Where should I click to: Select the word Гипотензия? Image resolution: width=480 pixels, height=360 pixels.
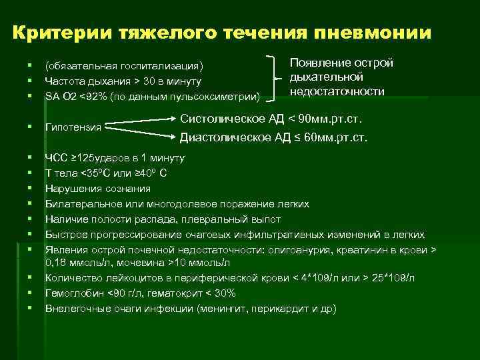click(73, 127)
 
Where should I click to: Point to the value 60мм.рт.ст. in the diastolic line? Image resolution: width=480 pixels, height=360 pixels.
click(336, 138)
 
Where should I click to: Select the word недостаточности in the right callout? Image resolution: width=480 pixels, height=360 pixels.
click(337, 91)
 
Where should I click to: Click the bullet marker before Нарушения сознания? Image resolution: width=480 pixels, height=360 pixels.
click(30, 189)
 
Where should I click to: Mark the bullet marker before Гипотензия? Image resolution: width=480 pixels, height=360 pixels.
click(30, 127)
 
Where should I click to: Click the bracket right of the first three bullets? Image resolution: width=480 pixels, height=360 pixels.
click(275, 80)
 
